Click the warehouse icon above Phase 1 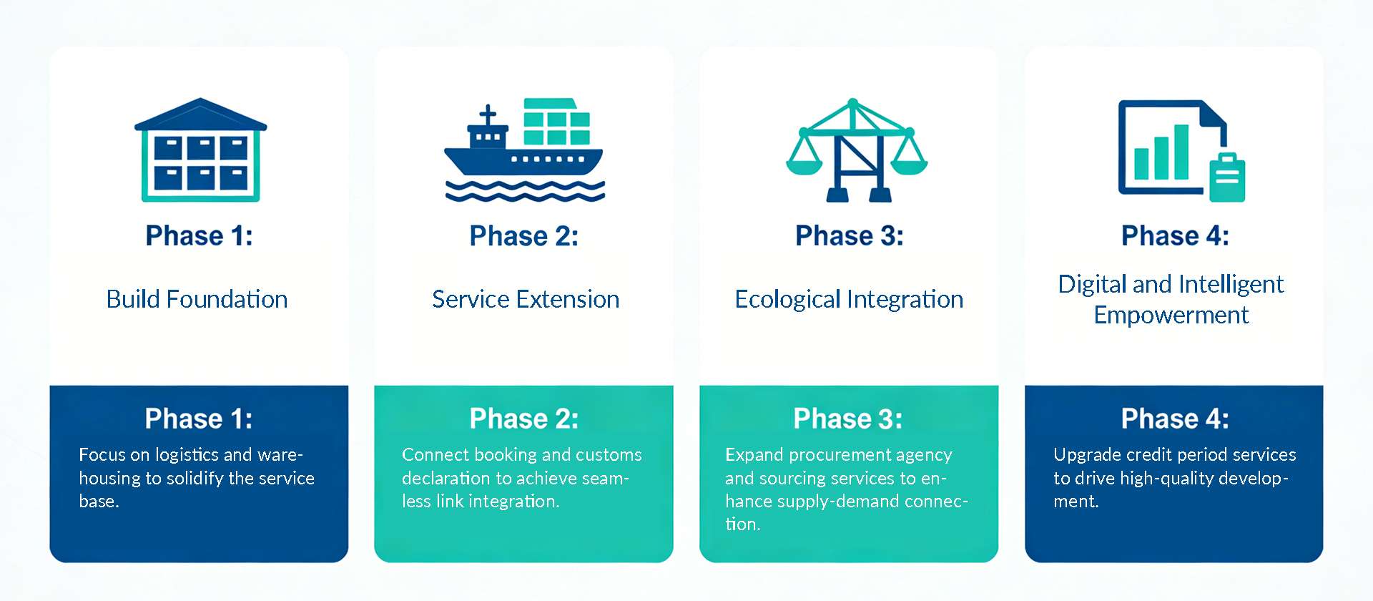(200, 150)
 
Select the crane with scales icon (856, 150)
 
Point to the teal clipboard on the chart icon (1227, 177)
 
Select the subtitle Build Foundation (197, 299)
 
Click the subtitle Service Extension (526, 299)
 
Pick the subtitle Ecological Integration (849, 299)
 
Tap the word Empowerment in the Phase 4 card (1171, 316)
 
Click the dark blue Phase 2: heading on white (524, 236)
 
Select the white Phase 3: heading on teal (848, 419)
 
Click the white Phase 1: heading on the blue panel (199, 419)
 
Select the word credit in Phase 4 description (1148, 455)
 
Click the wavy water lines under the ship (525, 190)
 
